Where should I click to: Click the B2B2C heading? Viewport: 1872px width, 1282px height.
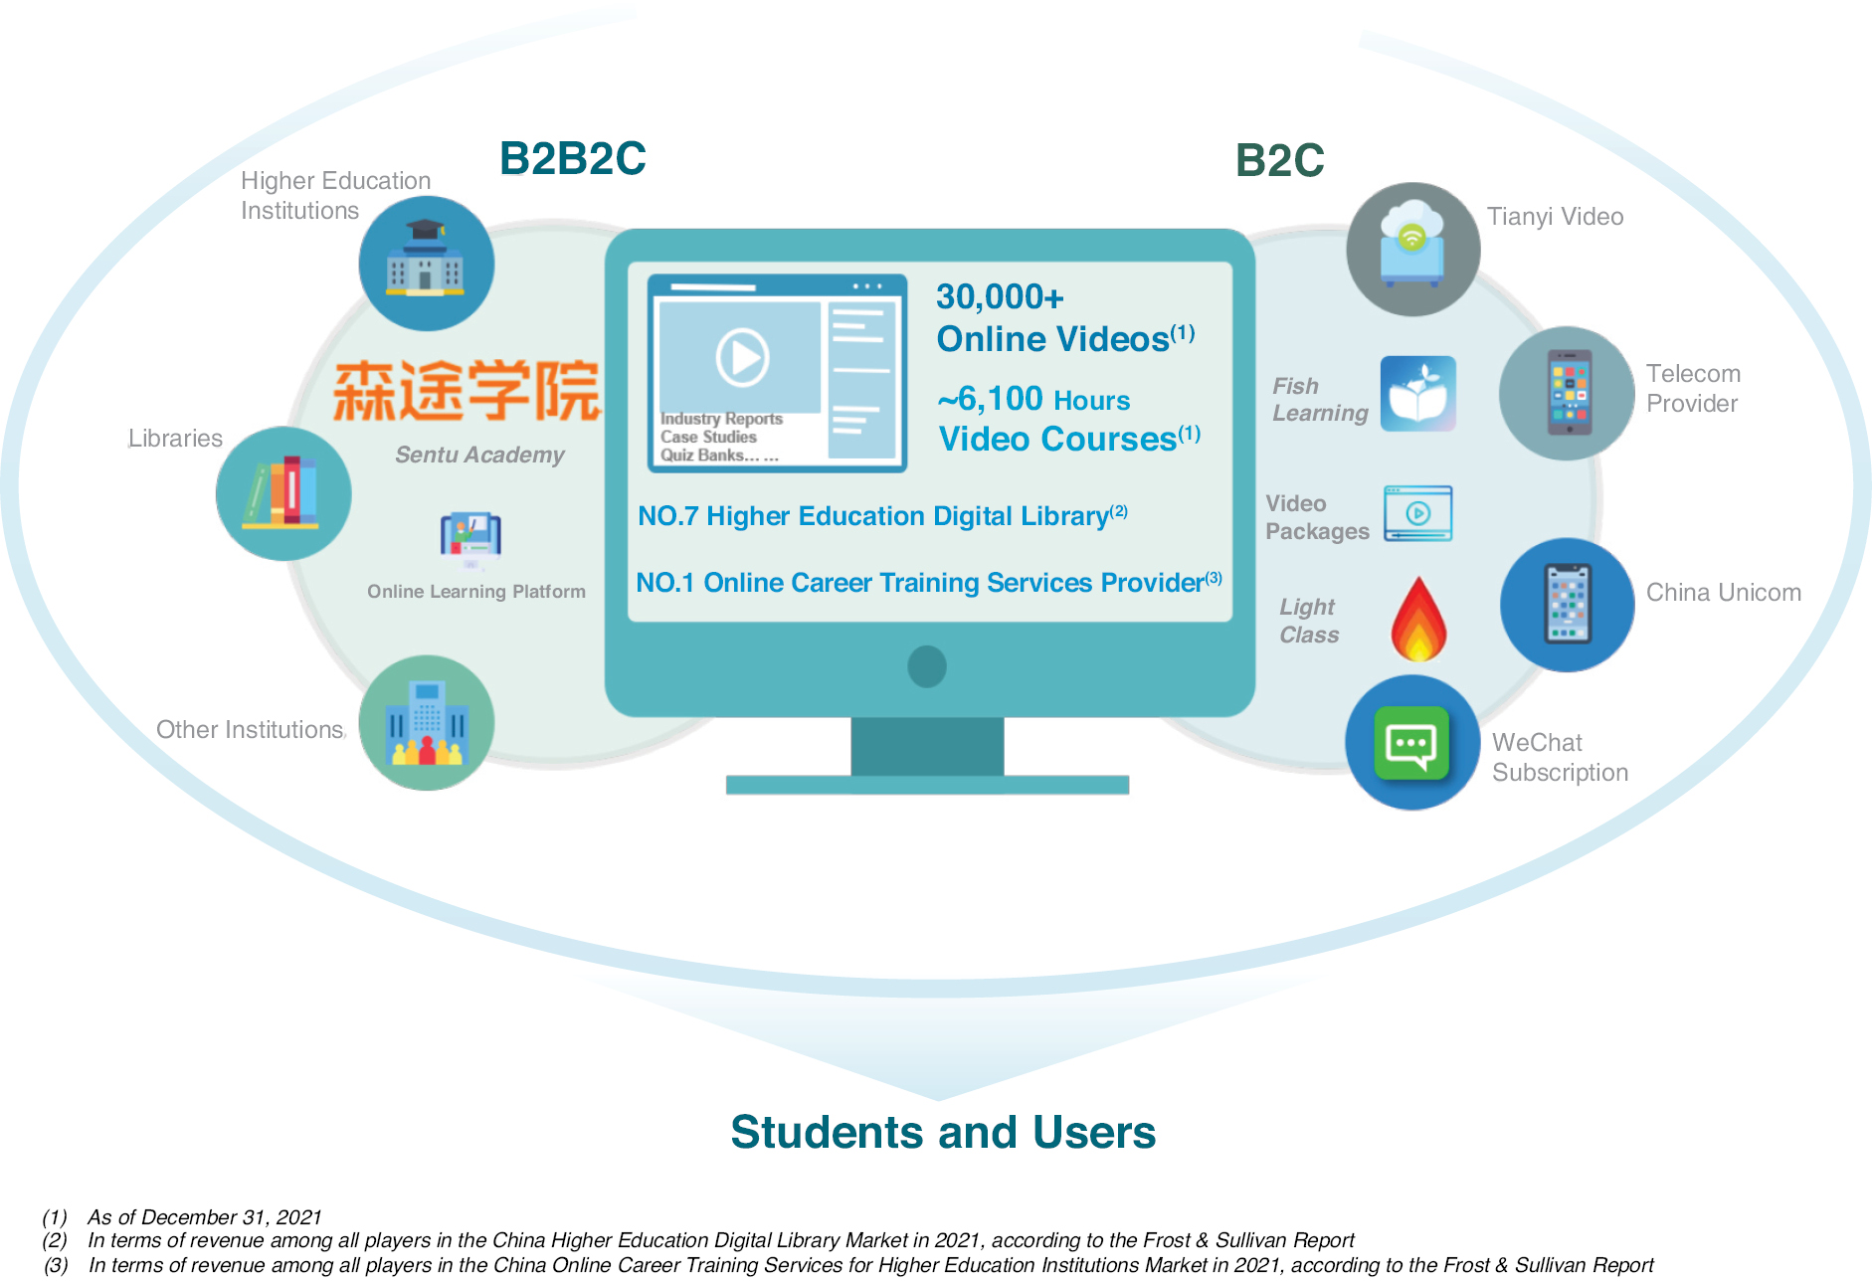(x=573, y=159)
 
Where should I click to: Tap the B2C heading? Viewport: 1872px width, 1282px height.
(x=1279, y=160)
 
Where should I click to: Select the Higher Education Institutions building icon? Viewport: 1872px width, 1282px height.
(x=427, y=264)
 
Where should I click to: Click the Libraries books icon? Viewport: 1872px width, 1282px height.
(x=283, y=493)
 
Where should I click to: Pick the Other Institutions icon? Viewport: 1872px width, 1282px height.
(x=427, y=723)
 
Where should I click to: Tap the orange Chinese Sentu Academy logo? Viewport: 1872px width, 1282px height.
(x=468, y=391)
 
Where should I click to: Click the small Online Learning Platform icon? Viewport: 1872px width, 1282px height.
(x=470, y=538)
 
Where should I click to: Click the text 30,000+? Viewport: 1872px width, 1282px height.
(x=1000, y=296)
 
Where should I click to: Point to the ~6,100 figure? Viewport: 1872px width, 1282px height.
(x=991, y=399)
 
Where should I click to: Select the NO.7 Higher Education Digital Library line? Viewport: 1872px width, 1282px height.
(x=882, y=515)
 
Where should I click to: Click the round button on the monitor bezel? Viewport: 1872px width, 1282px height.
(x=927, y=666)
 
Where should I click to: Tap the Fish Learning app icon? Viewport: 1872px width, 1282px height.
(x=1418, y=394)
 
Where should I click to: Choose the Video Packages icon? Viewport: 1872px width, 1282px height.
(x=1418, y=513)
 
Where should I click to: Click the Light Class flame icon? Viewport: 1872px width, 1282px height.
(x=1419, y=619)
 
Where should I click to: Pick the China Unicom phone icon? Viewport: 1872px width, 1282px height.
(x=1568, y=605)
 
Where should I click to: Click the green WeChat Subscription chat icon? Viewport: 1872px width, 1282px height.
(x=1412, y=743)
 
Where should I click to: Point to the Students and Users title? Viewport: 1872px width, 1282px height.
(x=943, y=1132)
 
